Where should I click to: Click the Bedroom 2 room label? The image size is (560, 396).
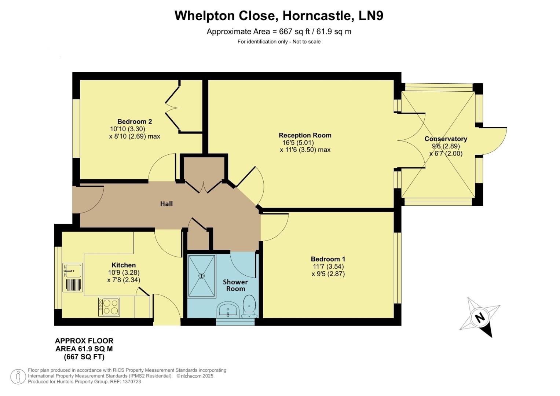[135, 121]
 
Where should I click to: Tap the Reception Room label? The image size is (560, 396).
[305, 135]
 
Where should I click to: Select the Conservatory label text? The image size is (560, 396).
[446, 139]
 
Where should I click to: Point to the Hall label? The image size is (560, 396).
[166, 204]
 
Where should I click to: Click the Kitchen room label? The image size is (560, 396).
[124, 265]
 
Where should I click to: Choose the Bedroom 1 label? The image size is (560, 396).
[328, 259]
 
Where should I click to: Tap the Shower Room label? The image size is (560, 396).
[235, 285]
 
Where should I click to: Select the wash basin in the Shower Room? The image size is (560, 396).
[228, 310]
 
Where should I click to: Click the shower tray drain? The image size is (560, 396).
[201, 275]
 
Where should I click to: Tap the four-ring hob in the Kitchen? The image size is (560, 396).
[109, 307]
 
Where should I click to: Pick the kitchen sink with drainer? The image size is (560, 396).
[73, 277]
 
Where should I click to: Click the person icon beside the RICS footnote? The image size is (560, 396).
[18, 377]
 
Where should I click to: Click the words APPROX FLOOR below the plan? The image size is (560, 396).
[84, 341]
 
